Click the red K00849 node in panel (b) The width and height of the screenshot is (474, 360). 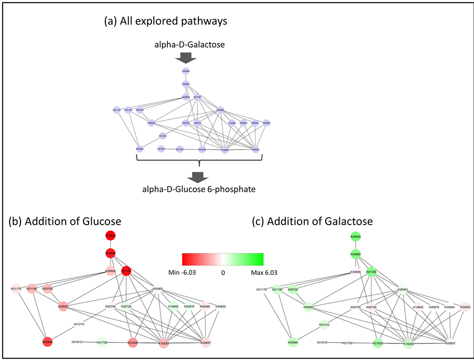110,235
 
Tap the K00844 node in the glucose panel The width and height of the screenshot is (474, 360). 48,342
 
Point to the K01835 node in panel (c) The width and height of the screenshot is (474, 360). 378,343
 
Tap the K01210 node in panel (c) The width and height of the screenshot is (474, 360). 324,325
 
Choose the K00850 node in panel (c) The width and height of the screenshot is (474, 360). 465,307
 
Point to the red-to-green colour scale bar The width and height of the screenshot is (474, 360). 222,259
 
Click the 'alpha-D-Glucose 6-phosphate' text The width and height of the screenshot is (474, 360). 199,190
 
